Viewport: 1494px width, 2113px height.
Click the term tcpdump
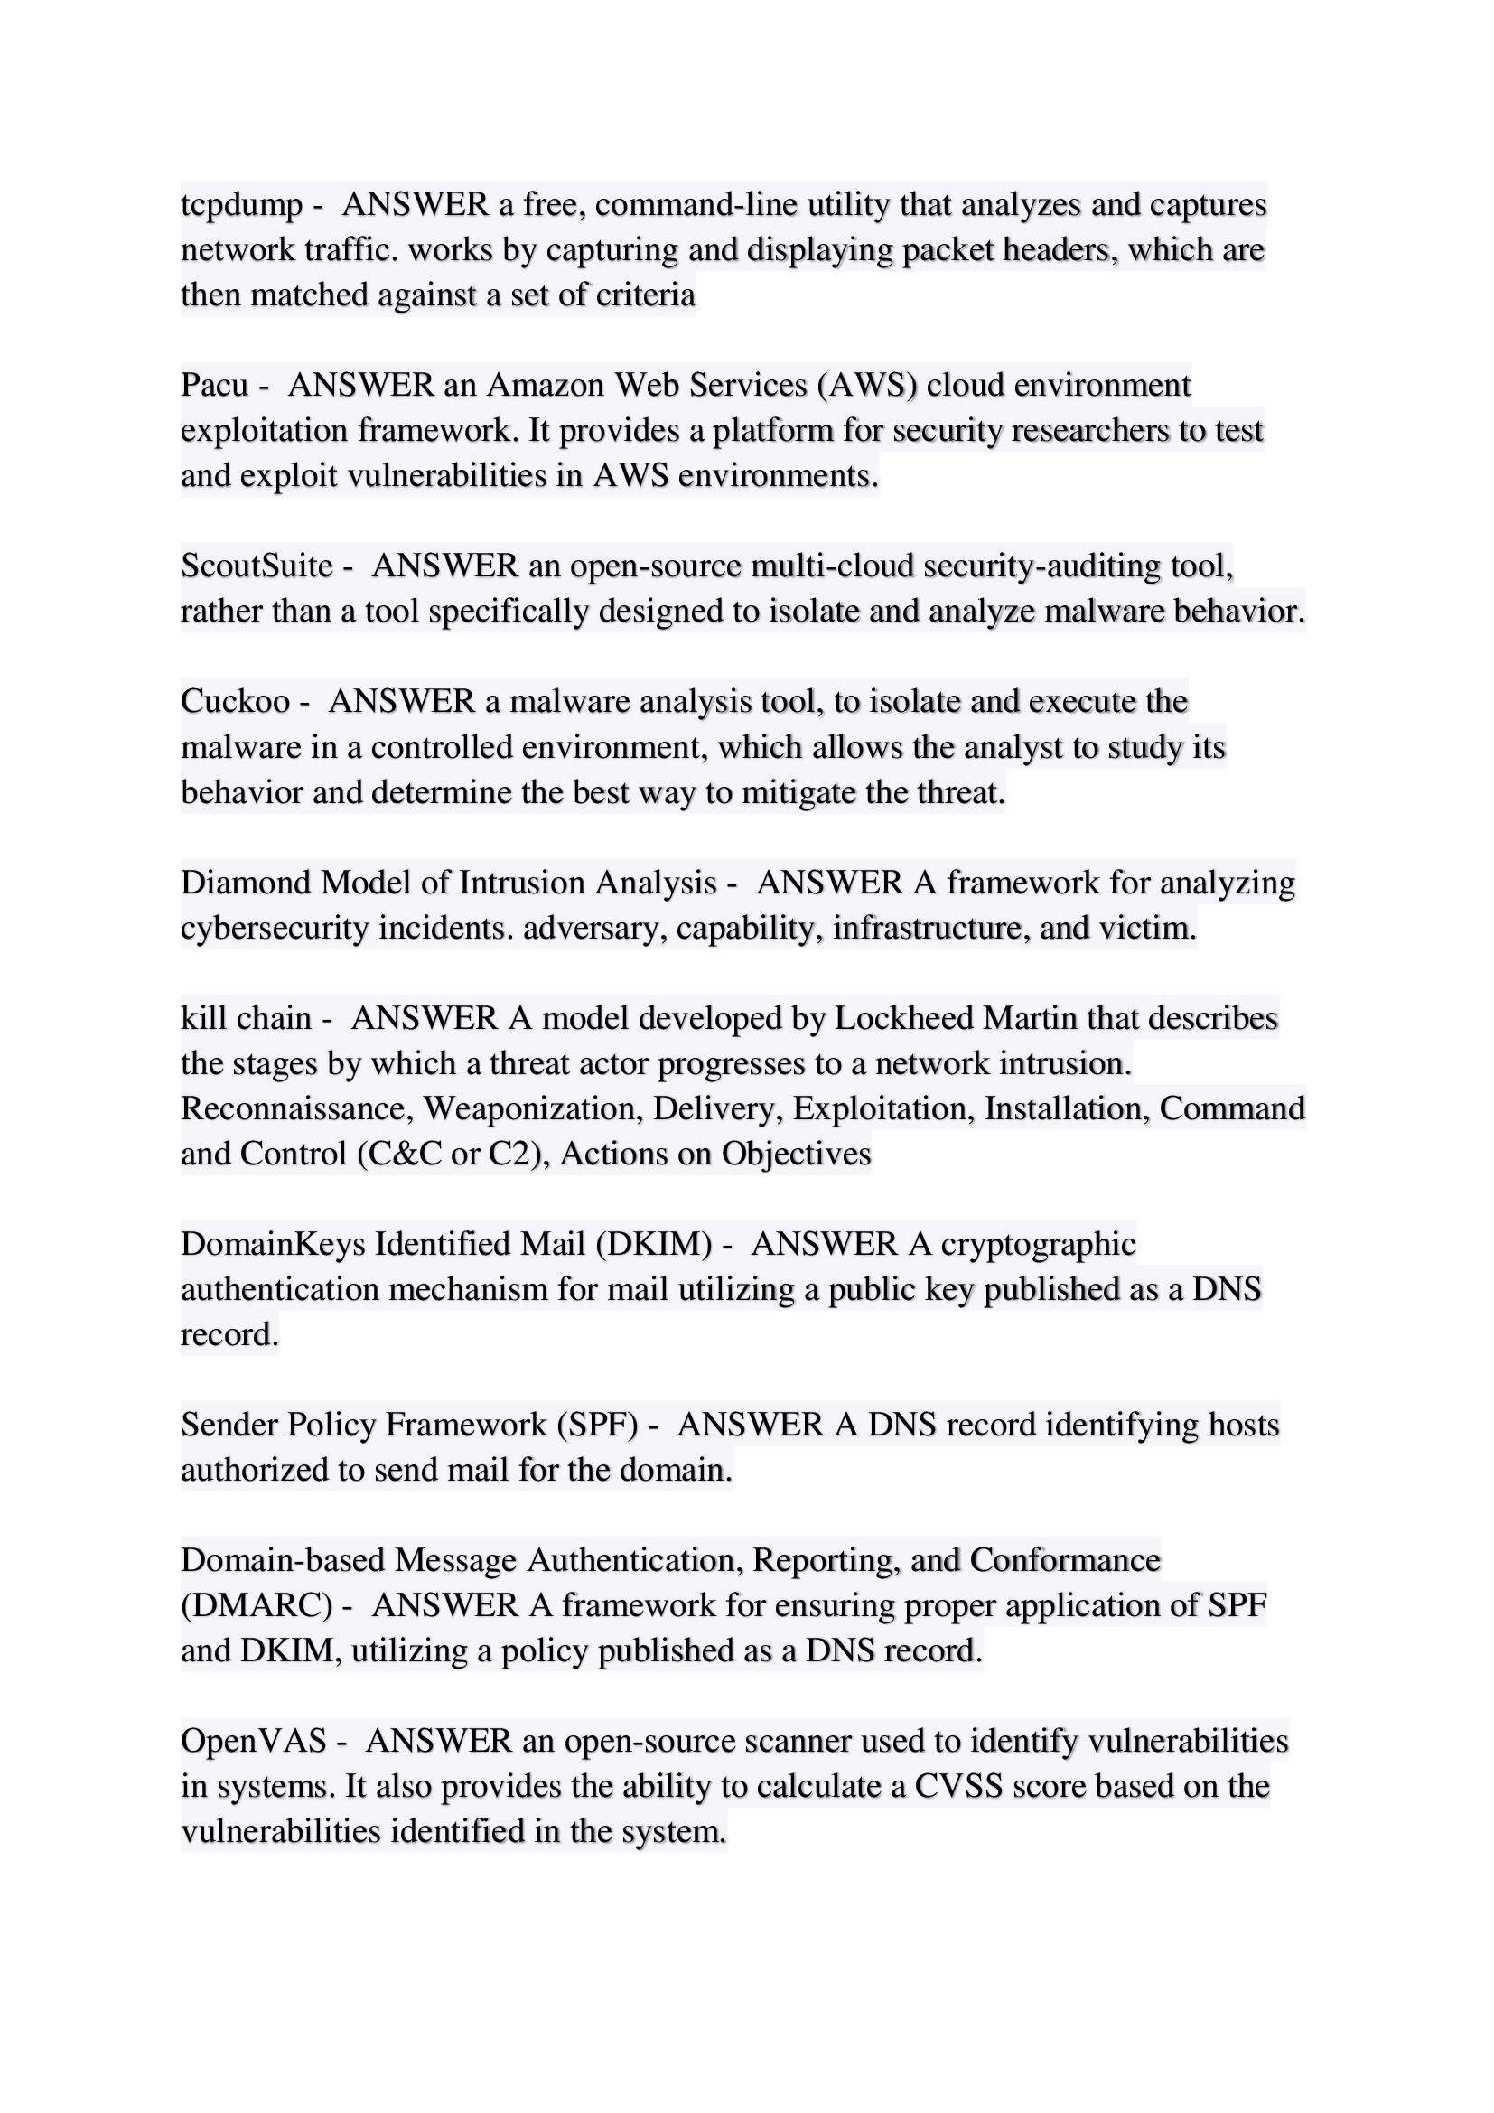point(241,205)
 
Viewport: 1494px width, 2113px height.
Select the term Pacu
point(214,386)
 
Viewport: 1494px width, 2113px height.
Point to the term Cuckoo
point(236,701)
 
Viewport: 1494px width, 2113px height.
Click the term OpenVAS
point(254,1741)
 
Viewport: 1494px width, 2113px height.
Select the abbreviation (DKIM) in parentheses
point(653,1244)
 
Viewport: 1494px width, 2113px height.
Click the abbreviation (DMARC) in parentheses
point(257,1605)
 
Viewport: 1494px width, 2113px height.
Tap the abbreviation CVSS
point(957,1786)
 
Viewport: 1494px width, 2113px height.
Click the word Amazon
point(546,386)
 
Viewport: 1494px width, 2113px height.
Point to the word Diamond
point(246,883)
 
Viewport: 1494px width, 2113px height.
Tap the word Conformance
point(1065,1560)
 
